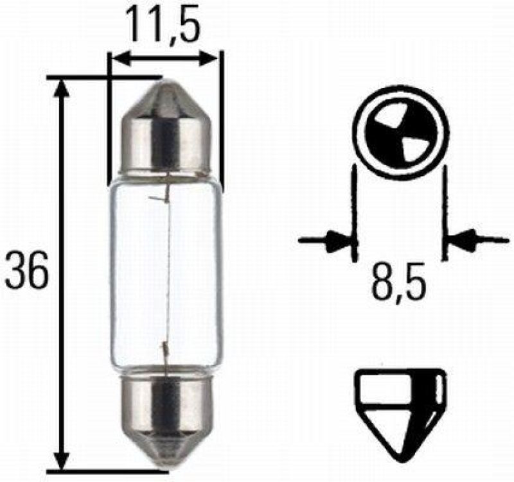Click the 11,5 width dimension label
tap(164, 24)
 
